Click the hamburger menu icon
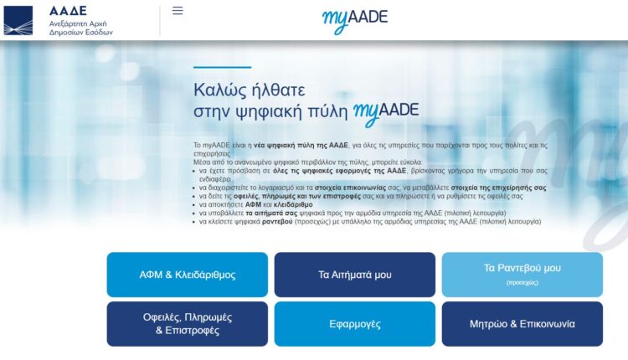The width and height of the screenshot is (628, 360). (x=178, y=11)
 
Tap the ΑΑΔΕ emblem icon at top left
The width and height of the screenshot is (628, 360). (x=18, y=20)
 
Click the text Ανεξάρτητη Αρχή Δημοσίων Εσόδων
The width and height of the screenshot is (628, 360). (x=80, y=27)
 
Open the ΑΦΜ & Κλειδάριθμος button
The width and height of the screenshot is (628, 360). (x=188, y=275)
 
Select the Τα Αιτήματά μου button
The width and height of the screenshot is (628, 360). (x=355, y=275)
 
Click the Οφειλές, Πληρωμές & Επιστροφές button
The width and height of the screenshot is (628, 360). (x=188, y=324)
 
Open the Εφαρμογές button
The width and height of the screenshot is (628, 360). (x=355, y=324)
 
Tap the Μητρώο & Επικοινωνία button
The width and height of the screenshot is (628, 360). (x=522, y=324)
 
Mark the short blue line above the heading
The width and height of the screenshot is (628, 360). (x=222, y=67)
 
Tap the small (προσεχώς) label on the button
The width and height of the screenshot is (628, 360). (x=522, y=284)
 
